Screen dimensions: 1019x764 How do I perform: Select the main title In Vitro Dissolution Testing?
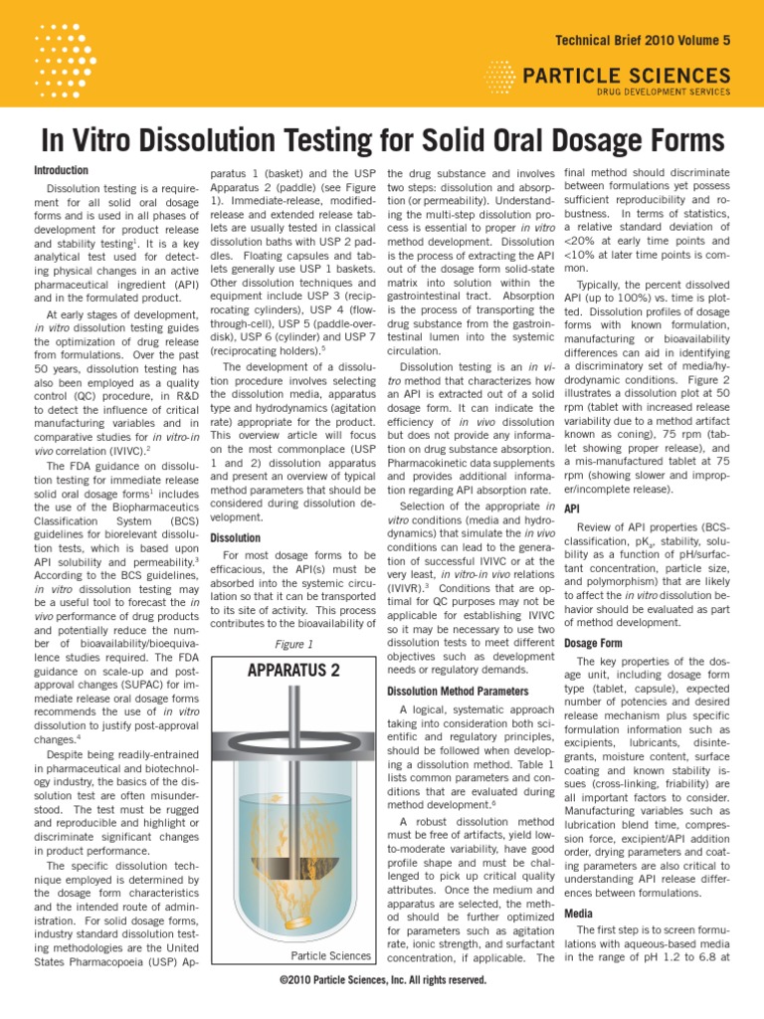(381, 138)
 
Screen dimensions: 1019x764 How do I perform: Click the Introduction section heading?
(62, 170)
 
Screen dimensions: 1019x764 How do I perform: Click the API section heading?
(572, 509)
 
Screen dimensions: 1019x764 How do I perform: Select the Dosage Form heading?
(594, 643)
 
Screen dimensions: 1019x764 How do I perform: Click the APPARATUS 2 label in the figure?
(292, 670)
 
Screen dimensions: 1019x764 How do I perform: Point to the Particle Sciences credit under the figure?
(330, 956)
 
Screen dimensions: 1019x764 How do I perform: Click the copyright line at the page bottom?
(383, 980)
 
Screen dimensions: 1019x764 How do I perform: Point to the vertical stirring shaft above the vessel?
(291, 736)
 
